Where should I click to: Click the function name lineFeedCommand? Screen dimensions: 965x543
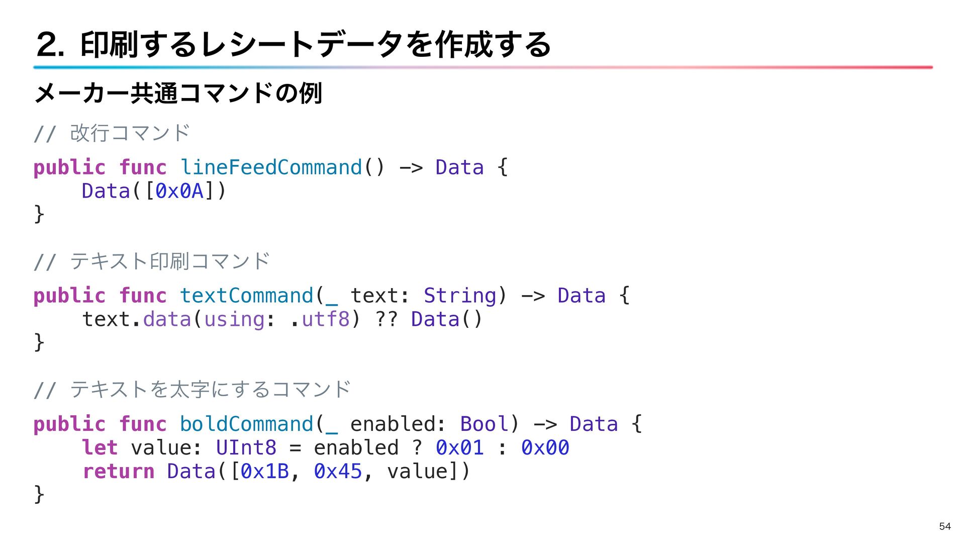pyautogui.click(x=271, y=167)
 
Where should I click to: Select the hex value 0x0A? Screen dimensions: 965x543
pyautogui.click(x=179, y=191)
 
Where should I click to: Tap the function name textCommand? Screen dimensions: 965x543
pyautogui.click(x=246, y=296)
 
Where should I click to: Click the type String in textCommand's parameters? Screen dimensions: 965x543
pyautogui.click(x=459, y=296)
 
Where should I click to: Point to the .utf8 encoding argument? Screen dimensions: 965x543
pyautogui.click(x=325, y=319)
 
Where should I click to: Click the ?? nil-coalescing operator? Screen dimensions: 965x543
pyautogui.click(x=386, y=319)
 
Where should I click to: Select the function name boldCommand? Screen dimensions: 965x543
pyautogui.click(x=246, y=424)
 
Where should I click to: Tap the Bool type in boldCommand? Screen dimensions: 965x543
pyautogui.click(x=484, y=424)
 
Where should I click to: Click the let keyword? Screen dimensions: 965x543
pyautogui.click(x=100, y=447)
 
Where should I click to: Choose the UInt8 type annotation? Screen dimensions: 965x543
pyautogui.click(x=246, y=447)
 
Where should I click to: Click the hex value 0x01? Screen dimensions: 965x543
pyautogui.click(x=459, y=447)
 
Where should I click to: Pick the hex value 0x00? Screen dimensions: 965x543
pyautogui.click(x=545, y=447)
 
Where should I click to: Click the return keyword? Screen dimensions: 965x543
pyautogui.click(x=119, y=471)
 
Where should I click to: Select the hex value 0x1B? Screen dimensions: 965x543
pyautogui.click(x=265, y=471)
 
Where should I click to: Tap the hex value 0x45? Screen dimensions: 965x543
pyautogui.click(x=338, y=471)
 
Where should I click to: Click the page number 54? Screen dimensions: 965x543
pyautogui.click(x=944, y=526)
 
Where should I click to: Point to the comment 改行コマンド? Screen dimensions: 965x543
pyautogui.click(x=130, y=133)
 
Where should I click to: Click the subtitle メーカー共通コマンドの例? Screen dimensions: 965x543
pyautogui.click(x=178, y=94)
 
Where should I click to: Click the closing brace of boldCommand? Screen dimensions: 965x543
pyautogui.click(x=39, y=494)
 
